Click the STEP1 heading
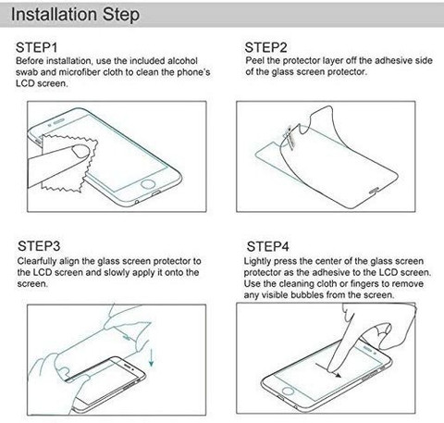pyautogui.click(x=36, y=47)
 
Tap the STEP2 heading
pyautogui.click(x=265, y=47)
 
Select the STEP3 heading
pyautogui.click(x=39, y=246)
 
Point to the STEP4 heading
pyautogui.click(x=267, y=246)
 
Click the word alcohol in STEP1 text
pyautogui.click(x=182, y=61)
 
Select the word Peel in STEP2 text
pyautogui.click(x=254, y=60)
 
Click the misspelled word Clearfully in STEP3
pyautogui.click(x=37, y=261)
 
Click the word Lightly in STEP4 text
pyautogui.click(x=257, y=261)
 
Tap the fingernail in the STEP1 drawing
pyautogui.click(x=80, y=152)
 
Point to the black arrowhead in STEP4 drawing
pyautogui.click(x=339, y=375)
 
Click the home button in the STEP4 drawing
pyautogui.click(x=288, y=392)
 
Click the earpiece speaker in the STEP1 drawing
pyautogui.click(x=59, y=122)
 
